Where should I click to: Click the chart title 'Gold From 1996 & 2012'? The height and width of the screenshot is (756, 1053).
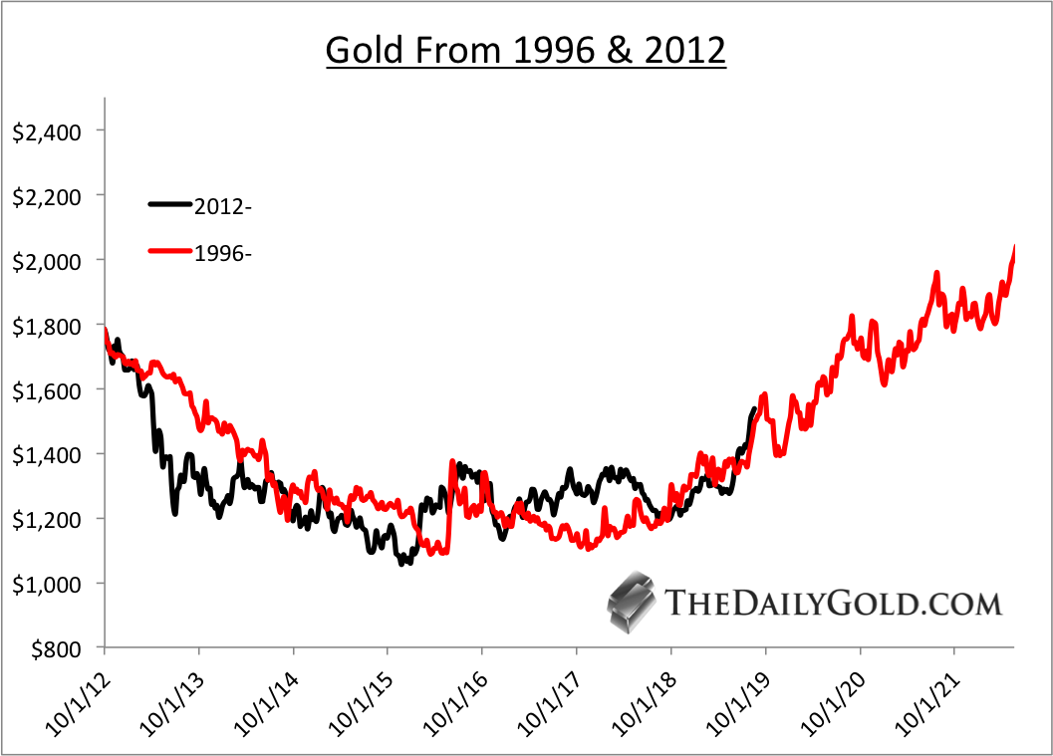(x=526, y=49)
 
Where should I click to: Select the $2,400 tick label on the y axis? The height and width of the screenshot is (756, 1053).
(x=46, y=130)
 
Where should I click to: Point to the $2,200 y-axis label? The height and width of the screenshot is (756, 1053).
(x=46, y=195)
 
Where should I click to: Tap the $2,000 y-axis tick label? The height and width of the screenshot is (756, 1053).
(x=46, y=260)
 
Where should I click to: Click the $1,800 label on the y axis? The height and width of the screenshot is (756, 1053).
(x=46, y=325)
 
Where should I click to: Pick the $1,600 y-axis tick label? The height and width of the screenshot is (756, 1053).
(x=46, y=389)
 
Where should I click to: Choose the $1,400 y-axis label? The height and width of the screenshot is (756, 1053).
(x=46, y=454)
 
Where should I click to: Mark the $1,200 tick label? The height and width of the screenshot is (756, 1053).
(x=46, y=519)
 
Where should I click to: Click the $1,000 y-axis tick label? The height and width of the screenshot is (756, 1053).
(x=46, y=584)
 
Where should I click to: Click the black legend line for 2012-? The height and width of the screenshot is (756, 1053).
(x=170, y=204)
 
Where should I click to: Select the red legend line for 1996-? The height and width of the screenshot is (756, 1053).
(x=170, y=253)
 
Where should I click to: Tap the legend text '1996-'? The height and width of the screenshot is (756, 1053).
(x=222, y=254)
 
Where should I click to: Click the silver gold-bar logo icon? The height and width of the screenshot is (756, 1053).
(x=630, y=602)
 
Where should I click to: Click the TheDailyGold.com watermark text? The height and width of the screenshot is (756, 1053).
(x=832, y=603)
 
